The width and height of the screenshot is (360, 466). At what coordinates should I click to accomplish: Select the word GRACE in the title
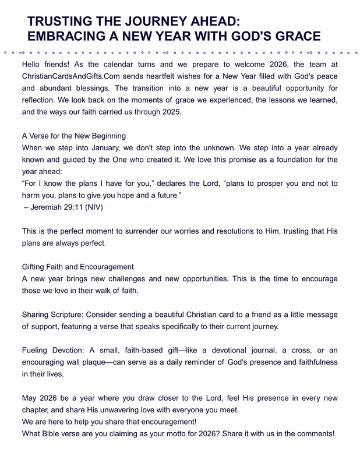pyautogui.click(x=295, y=37)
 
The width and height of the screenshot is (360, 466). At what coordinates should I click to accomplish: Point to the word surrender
pyautogui.click(x=165, y=231)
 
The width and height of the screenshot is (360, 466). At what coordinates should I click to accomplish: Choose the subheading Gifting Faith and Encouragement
pyautogui.click(x=77, y=267)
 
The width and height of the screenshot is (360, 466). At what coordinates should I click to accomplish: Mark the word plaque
pyautogui.click(x=93, y=362)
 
